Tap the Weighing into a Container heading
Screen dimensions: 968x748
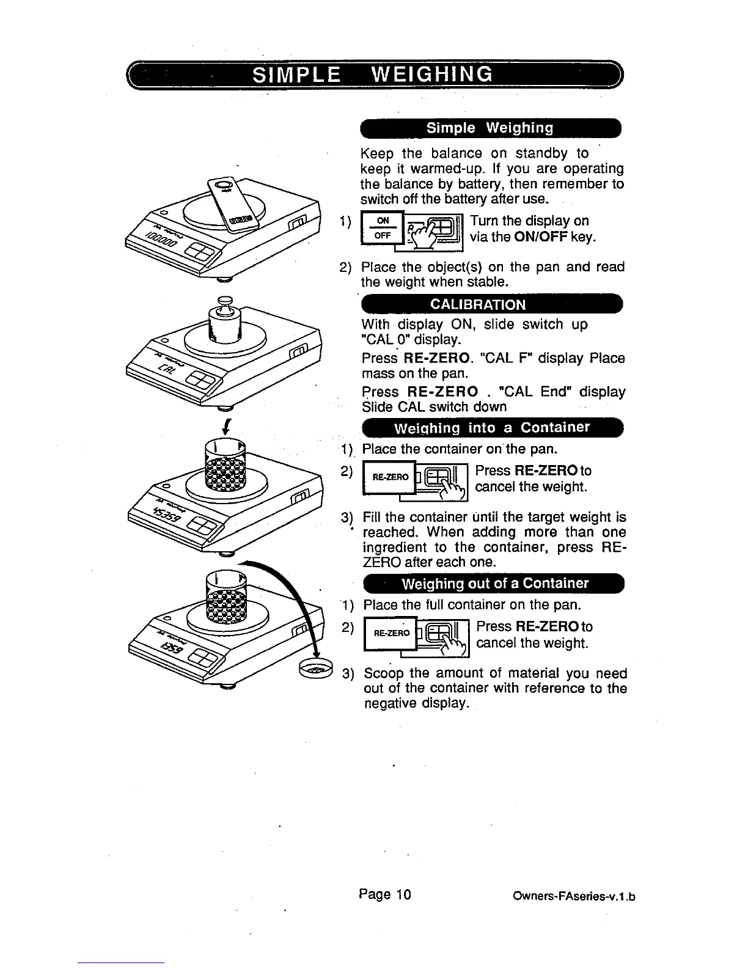pyautogui.click(x=492, y=427)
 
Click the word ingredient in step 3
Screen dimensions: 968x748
pyautogui.click(x=395, y=547)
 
